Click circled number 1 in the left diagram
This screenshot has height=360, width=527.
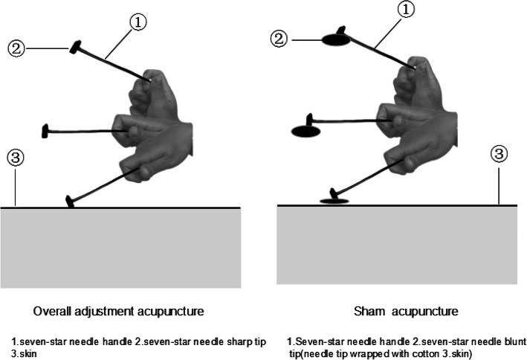(138, 22)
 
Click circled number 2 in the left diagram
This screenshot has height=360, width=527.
(16, 50)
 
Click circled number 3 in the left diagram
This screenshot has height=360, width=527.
(15, 158)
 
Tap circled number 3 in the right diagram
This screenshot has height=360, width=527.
(500, 154)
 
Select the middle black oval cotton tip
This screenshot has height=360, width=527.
(306, 131)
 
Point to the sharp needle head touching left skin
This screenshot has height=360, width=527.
(71, 202)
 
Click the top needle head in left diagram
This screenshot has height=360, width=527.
(75, 48)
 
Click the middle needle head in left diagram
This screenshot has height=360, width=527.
(47, 132)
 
